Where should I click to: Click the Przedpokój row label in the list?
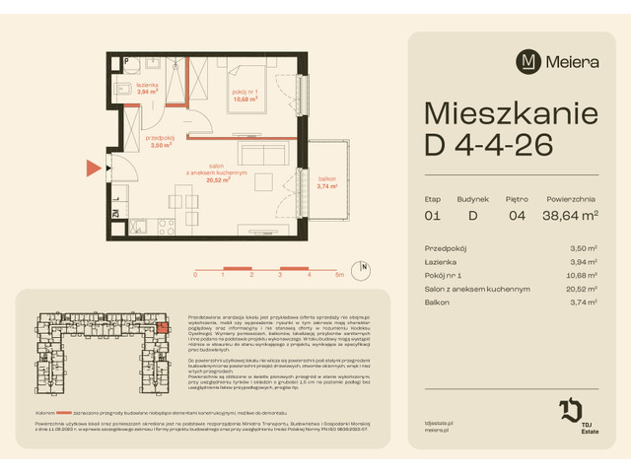446,249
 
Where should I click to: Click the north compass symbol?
364,267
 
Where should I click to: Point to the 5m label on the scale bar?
339,276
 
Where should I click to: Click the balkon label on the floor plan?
327,180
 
